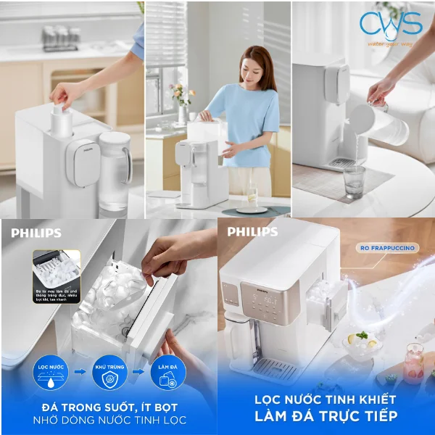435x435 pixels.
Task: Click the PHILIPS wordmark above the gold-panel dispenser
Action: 252,232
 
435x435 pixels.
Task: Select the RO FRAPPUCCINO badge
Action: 387,248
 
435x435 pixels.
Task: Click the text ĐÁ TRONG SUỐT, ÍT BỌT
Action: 109,407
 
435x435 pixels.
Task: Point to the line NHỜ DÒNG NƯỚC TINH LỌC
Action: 109,420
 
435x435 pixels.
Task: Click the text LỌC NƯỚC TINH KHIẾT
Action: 326,399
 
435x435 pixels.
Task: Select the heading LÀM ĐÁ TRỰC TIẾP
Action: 326,416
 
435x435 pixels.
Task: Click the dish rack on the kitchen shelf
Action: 60,37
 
